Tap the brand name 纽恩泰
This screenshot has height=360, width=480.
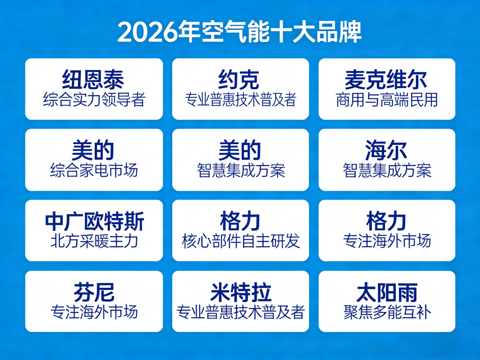(93, 79)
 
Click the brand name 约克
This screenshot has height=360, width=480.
(240, 79)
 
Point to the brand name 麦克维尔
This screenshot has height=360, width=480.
(386, 79)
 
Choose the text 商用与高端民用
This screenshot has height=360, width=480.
(387, 100)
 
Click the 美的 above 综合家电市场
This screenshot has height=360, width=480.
(93, 150)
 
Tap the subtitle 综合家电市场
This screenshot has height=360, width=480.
(94, 170)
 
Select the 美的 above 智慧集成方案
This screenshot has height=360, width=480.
(240, 150)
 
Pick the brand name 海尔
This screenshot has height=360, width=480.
(386, 150)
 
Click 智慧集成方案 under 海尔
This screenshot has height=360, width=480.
(387, 170)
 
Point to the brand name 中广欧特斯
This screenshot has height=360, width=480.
(94, 221)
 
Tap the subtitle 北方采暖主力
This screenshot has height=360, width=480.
(94, 241)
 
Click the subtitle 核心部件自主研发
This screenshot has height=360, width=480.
(240, 241)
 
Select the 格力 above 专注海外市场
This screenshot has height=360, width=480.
(386, 221)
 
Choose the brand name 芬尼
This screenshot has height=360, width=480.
(94, 292)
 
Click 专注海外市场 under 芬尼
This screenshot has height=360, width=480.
(94, 312)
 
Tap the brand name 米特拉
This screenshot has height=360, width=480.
(240, 292)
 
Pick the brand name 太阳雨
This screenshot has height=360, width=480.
(386, 292)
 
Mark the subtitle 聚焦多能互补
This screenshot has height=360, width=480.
(387, 312)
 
